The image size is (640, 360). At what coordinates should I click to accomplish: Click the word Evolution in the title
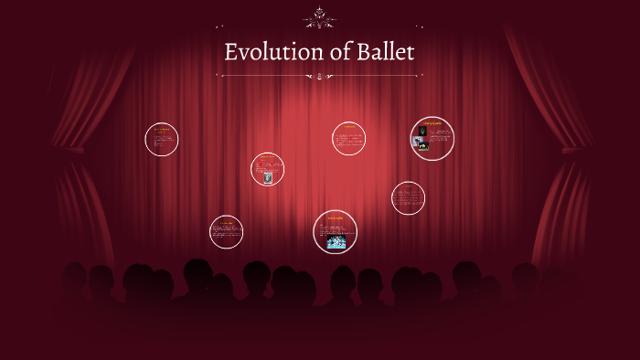tap(264, 53)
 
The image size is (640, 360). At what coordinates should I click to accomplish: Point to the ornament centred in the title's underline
tap(320, 76)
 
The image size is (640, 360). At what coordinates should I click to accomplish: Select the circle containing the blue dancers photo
tap(335, 231)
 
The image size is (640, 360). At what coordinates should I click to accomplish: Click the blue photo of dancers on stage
tap(336, 242)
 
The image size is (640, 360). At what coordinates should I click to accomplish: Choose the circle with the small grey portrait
tap(268, 169)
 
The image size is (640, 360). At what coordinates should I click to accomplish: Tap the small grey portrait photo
tap(268, 178)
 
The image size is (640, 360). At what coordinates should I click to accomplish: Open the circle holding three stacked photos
tap(432, 138)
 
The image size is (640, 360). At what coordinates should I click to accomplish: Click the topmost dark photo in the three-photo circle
tap(423, 132)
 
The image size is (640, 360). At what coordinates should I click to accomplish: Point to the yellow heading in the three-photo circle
tap(432, 122)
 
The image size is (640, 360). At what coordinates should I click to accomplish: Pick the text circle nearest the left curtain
tap(161, 139)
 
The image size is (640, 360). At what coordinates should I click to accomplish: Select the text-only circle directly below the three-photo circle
tap(408, 197)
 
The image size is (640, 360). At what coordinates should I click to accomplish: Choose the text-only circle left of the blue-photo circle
tap(226, 231)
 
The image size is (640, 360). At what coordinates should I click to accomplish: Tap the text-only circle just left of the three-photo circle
tap(348, 138)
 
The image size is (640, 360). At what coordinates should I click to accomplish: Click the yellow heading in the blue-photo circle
tap(335, 217)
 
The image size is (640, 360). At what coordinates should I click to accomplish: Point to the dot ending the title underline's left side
tap(222, 76)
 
